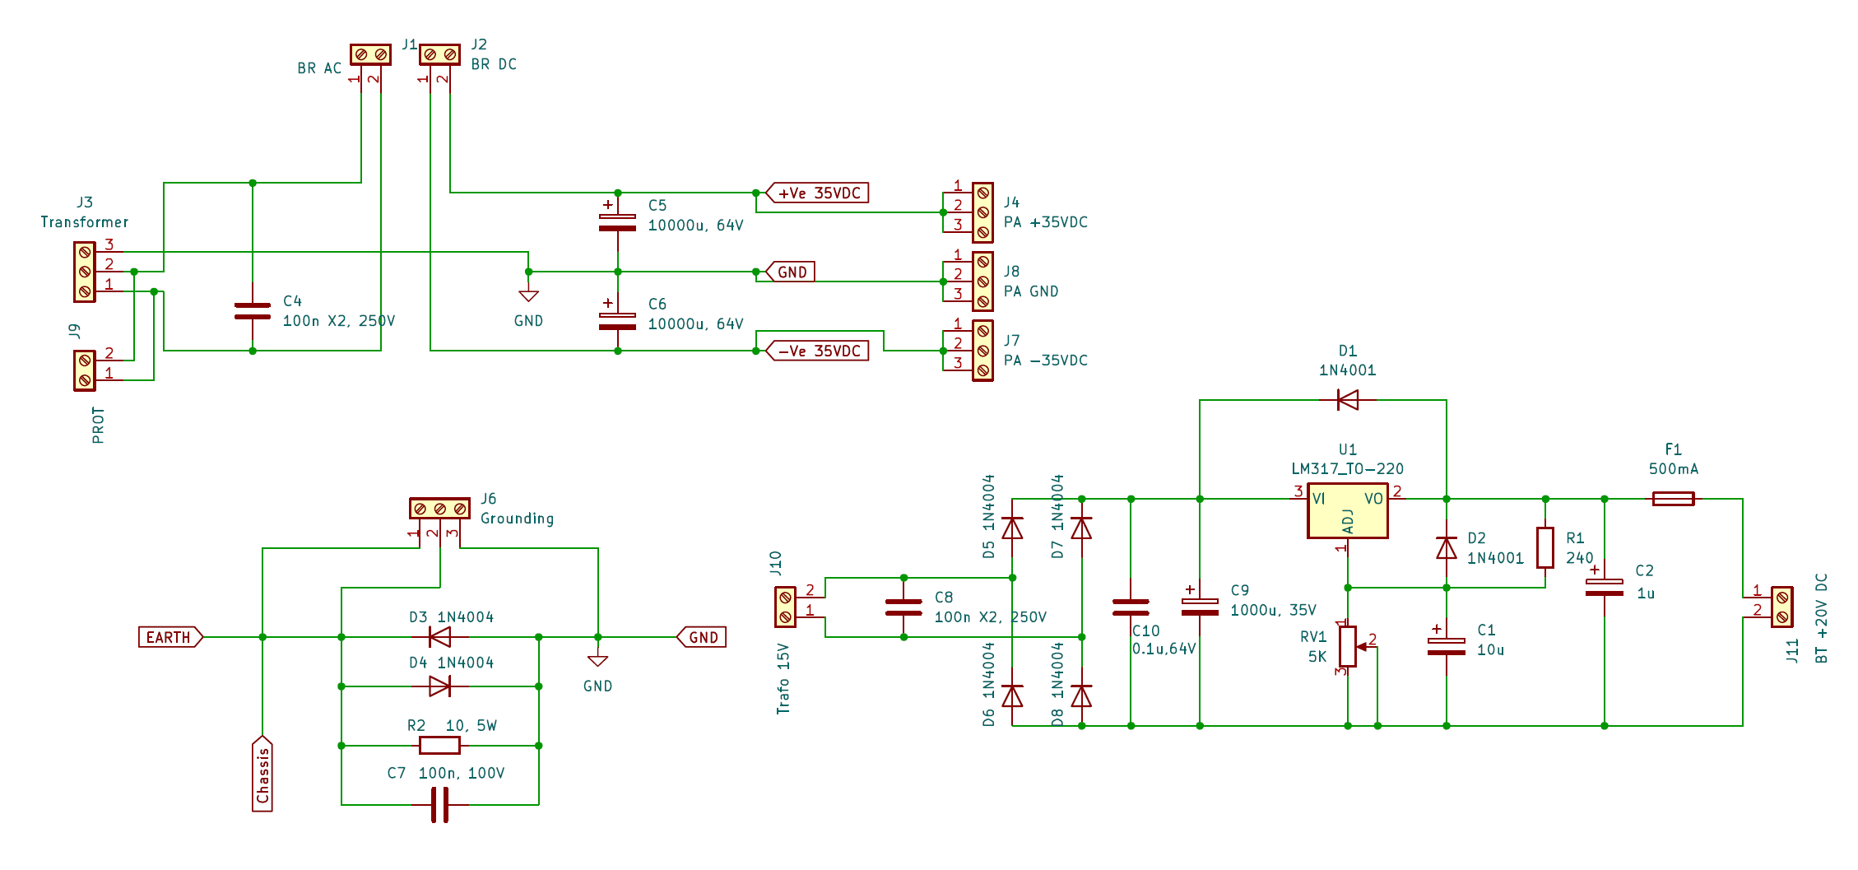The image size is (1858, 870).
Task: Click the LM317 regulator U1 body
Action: point(1347,511)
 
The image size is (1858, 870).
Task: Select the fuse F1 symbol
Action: point(1673,499)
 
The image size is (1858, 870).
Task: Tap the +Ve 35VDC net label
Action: point(818,193)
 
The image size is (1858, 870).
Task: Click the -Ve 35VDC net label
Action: point(818,351)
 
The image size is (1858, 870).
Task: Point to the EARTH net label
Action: point(170,637)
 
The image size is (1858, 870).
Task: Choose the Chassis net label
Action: point(262,774)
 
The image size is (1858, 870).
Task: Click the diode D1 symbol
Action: point(1347,400)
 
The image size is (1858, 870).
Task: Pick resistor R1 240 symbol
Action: point(1545,547)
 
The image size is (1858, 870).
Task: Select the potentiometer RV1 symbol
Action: point(1348,646)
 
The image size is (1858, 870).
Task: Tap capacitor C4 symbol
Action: point(253,311)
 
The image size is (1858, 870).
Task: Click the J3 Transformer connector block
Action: point(85,272)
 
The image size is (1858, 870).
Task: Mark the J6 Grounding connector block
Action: point(440,509)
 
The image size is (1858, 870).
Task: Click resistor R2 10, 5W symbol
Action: point(440,746)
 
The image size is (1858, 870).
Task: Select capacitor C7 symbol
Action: point(440,805)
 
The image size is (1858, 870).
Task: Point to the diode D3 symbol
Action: point(440,637)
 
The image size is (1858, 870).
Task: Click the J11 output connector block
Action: point(1781,607)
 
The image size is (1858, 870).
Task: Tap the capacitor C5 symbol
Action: point(617,221)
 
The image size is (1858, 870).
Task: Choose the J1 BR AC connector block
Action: point(370,54)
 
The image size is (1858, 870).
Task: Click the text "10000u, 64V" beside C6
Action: point(695,324)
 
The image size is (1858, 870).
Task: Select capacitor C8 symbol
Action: point(903,607)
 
